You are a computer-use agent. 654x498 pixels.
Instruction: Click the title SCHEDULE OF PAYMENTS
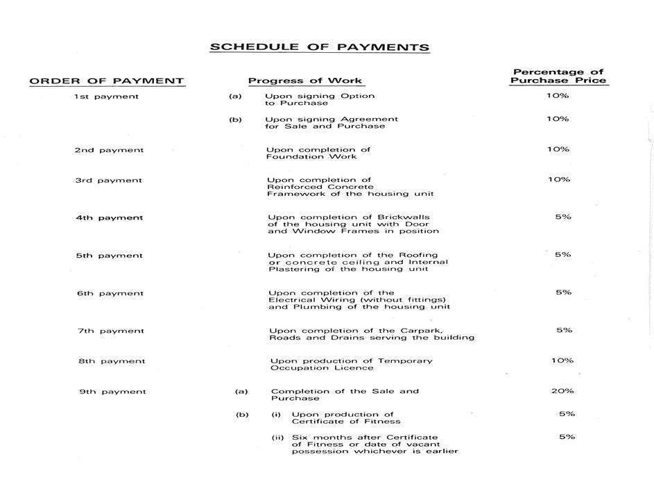pyautogui.click(x=319, y=47)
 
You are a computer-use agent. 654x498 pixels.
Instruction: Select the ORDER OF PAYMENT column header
pyautogui.click(x=107, y=81)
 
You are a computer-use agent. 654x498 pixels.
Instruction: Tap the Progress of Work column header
pyautogui.click(x=305, y=81)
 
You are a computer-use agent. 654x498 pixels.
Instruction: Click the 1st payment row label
pyautogui.click(x=106, y=97)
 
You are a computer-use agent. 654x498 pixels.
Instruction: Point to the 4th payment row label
pyautogui.click(x=110, y=218)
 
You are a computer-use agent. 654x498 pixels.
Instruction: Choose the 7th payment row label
pyautogui.click(x=111, y=331)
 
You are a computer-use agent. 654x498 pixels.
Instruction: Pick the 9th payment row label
pyautogui.click(x=112, y=392)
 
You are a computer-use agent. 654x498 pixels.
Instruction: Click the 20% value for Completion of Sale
pyautogui.click(x=562, y=391)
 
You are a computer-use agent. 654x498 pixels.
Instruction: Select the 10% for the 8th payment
pyautogui.click(x=562, y=360)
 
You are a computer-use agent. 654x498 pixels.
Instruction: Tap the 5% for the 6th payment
pyautogui.click(x=563, y=292)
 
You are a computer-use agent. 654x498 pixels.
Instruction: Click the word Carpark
pyautogui.click(x=422, y=331)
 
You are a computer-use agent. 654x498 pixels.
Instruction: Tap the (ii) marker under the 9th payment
pyautogui.click(x=278, y=438)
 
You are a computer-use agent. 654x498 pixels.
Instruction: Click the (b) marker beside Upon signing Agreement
pyautogui.click(x=235, y=119)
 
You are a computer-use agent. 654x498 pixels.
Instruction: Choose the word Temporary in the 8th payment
pyautogui.click(x=404, y=361)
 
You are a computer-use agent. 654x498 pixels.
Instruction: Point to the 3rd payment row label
pyautogui.click(x=108, y=181)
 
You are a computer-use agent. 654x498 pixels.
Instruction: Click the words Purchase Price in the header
pyautogui.click(x=558, y=81)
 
